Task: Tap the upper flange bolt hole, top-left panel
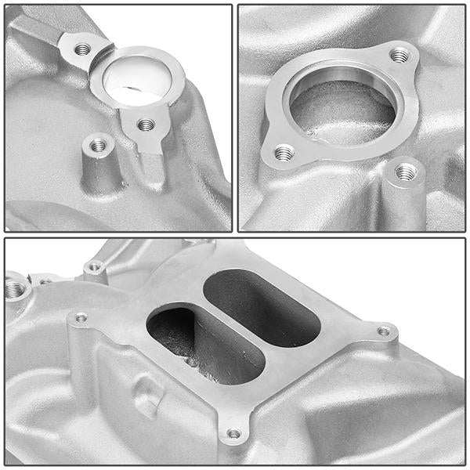tap(82, 49)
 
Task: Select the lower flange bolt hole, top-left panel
tap(145, 125)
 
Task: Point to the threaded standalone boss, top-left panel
tap(98, 145)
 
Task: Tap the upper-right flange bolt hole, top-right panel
tap(399, 55)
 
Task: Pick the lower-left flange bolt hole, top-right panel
tap(284, 152)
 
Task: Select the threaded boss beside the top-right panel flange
tap(404, 172)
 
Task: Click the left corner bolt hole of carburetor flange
tap(81, 317)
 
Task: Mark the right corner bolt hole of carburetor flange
tap(383, 331)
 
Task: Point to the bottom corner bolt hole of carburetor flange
tap(233, 433)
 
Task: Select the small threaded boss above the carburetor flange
tap(95, 267)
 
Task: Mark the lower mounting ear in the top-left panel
tap(143, 129)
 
